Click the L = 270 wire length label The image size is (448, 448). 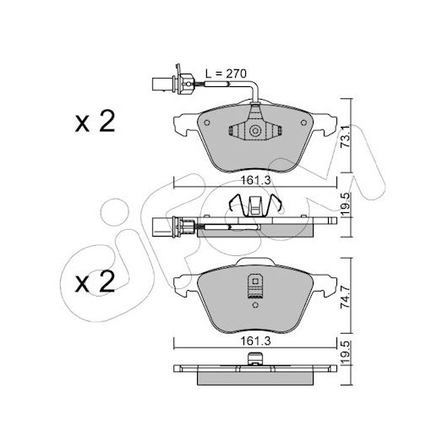[x=226, y=74]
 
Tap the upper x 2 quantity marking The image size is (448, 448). [x=96, y=122]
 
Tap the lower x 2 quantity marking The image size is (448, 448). [x=96, y=282]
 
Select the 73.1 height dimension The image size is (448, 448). [x=346, y=138]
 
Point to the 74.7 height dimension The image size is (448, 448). [x=346, y=298]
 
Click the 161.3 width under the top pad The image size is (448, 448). [x=256, y=180]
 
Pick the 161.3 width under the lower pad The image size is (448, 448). [x=256, y=341]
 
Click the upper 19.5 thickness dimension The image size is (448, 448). [x=346, y=205]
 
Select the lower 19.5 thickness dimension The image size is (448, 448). [x=346, y=353]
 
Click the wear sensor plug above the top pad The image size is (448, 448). [x=173, y=84]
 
